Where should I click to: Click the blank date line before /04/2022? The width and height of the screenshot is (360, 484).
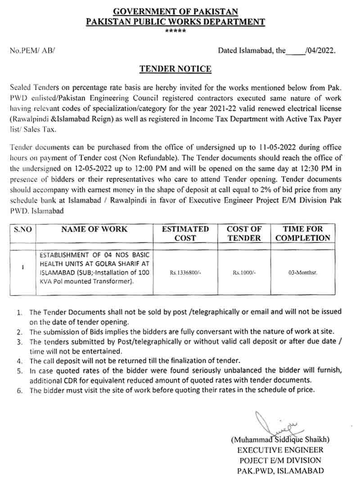(295, 51)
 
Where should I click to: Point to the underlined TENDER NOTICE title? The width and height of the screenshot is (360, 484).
(175, 69)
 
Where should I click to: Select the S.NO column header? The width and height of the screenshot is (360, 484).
(23, 229)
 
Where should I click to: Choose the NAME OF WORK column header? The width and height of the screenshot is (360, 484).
(94, 229)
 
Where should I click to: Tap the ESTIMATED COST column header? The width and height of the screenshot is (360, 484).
(185, 233)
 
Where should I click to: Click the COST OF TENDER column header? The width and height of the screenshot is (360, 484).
(244, 233)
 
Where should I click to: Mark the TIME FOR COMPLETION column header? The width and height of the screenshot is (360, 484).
(303, 233)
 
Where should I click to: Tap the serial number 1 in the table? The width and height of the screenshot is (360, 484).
(22, 267)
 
